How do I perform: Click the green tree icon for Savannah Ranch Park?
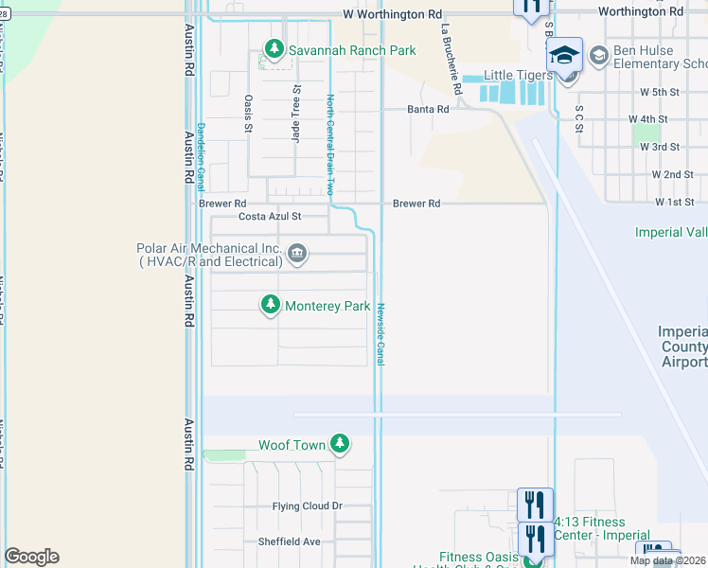click(274, 47)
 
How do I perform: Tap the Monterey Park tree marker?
click(271, 305)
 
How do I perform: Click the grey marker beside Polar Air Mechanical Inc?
click(296, 253)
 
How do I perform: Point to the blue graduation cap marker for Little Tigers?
click(565, 56)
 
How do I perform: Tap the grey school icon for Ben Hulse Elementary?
click(598, 56)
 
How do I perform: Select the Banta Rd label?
click(428, 110)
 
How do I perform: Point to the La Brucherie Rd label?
click(450, 59)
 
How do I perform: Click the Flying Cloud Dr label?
click(307, 506)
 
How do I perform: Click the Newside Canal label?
click(381, 332)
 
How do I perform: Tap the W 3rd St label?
click(660, 147)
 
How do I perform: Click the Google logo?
click(31, 557)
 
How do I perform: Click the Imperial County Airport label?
click(683, 346)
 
